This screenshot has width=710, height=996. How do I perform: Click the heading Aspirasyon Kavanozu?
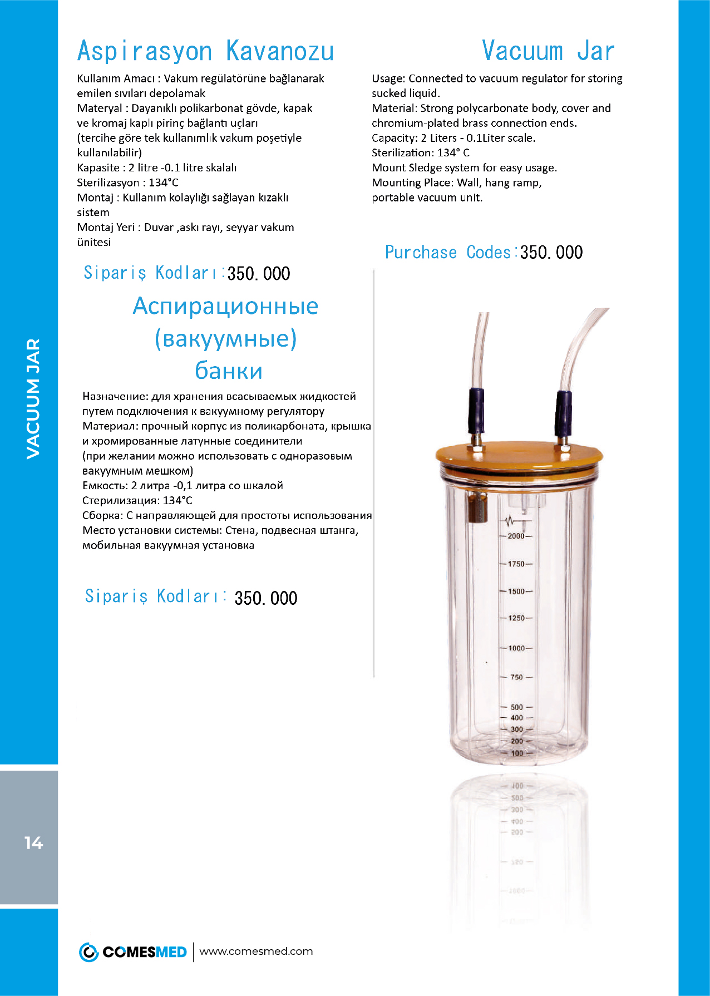pyautogui.click(x=205, y=51)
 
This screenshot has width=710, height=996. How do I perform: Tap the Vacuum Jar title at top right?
pyautogui.click(x=548, y=51)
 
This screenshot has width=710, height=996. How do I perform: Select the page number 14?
pyautogui.click(x=33, y=843)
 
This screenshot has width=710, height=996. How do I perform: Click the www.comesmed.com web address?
pyautogui.click(x=256, y=951)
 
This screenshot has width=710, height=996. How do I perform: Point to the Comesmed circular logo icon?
pyautogui.click(x=88, y=952)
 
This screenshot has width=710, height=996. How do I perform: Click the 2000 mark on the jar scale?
pyautogui.click(x=516, y=536)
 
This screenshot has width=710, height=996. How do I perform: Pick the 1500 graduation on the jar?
pyautogui.click(x=516, y=591)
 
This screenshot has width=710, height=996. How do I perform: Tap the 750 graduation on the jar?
pyautogui.click(x=516, y=677)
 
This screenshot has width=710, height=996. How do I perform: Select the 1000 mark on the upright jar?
pyautogui.click(x=516, y=648)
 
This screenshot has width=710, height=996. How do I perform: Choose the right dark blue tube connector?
pyautogui.click(x=563, y=413)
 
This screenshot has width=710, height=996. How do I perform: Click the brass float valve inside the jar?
pyautogui.click(x=476, y=507)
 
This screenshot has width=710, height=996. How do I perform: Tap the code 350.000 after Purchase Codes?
pyautogui.click(x=551, y=253)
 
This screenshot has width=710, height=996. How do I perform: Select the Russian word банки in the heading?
pyautogui.click(x=229, y=371)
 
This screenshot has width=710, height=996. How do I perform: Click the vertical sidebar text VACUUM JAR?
pyautogui.click(x=33, y=398)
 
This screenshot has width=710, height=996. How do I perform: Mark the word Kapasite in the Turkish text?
pyautogui.click(x=98, y=168)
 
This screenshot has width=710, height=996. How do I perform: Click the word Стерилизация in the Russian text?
pyautogui.click(x=119, y=501)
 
